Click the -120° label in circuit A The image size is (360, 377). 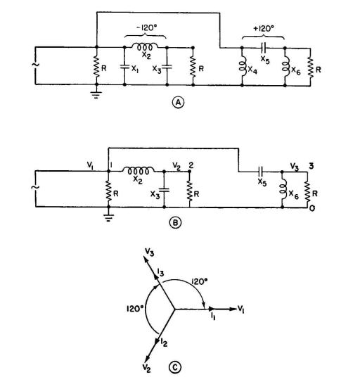[x=146, y=27]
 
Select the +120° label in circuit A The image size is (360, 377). [x=264, y=29]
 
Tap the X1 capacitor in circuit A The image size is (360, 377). [x=124, y=66]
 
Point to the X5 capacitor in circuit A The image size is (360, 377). [x=264, y=48]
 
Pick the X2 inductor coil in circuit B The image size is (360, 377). [x=139, y=171]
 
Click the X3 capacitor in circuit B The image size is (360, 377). [x=164, y=190]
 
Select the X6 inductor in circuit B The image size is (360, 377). [x=283, y=188]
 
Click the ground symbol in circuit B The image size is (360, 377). [x=108, y=217]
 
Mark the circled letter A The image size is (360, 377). [x=178, y=102]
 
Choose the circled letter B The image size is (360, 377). [x=175, y=223]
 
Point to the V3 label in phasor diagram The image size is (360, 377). [x=149, y=253]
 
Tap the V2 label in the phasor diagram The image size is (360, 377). [x=146, y=368]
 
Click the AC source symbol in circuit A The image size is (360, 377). [x=35, y=65]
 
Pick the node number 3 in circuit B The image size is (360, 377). [x=311, y=166]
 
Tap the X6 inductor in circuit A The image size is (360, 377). [x=285, y=67]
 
